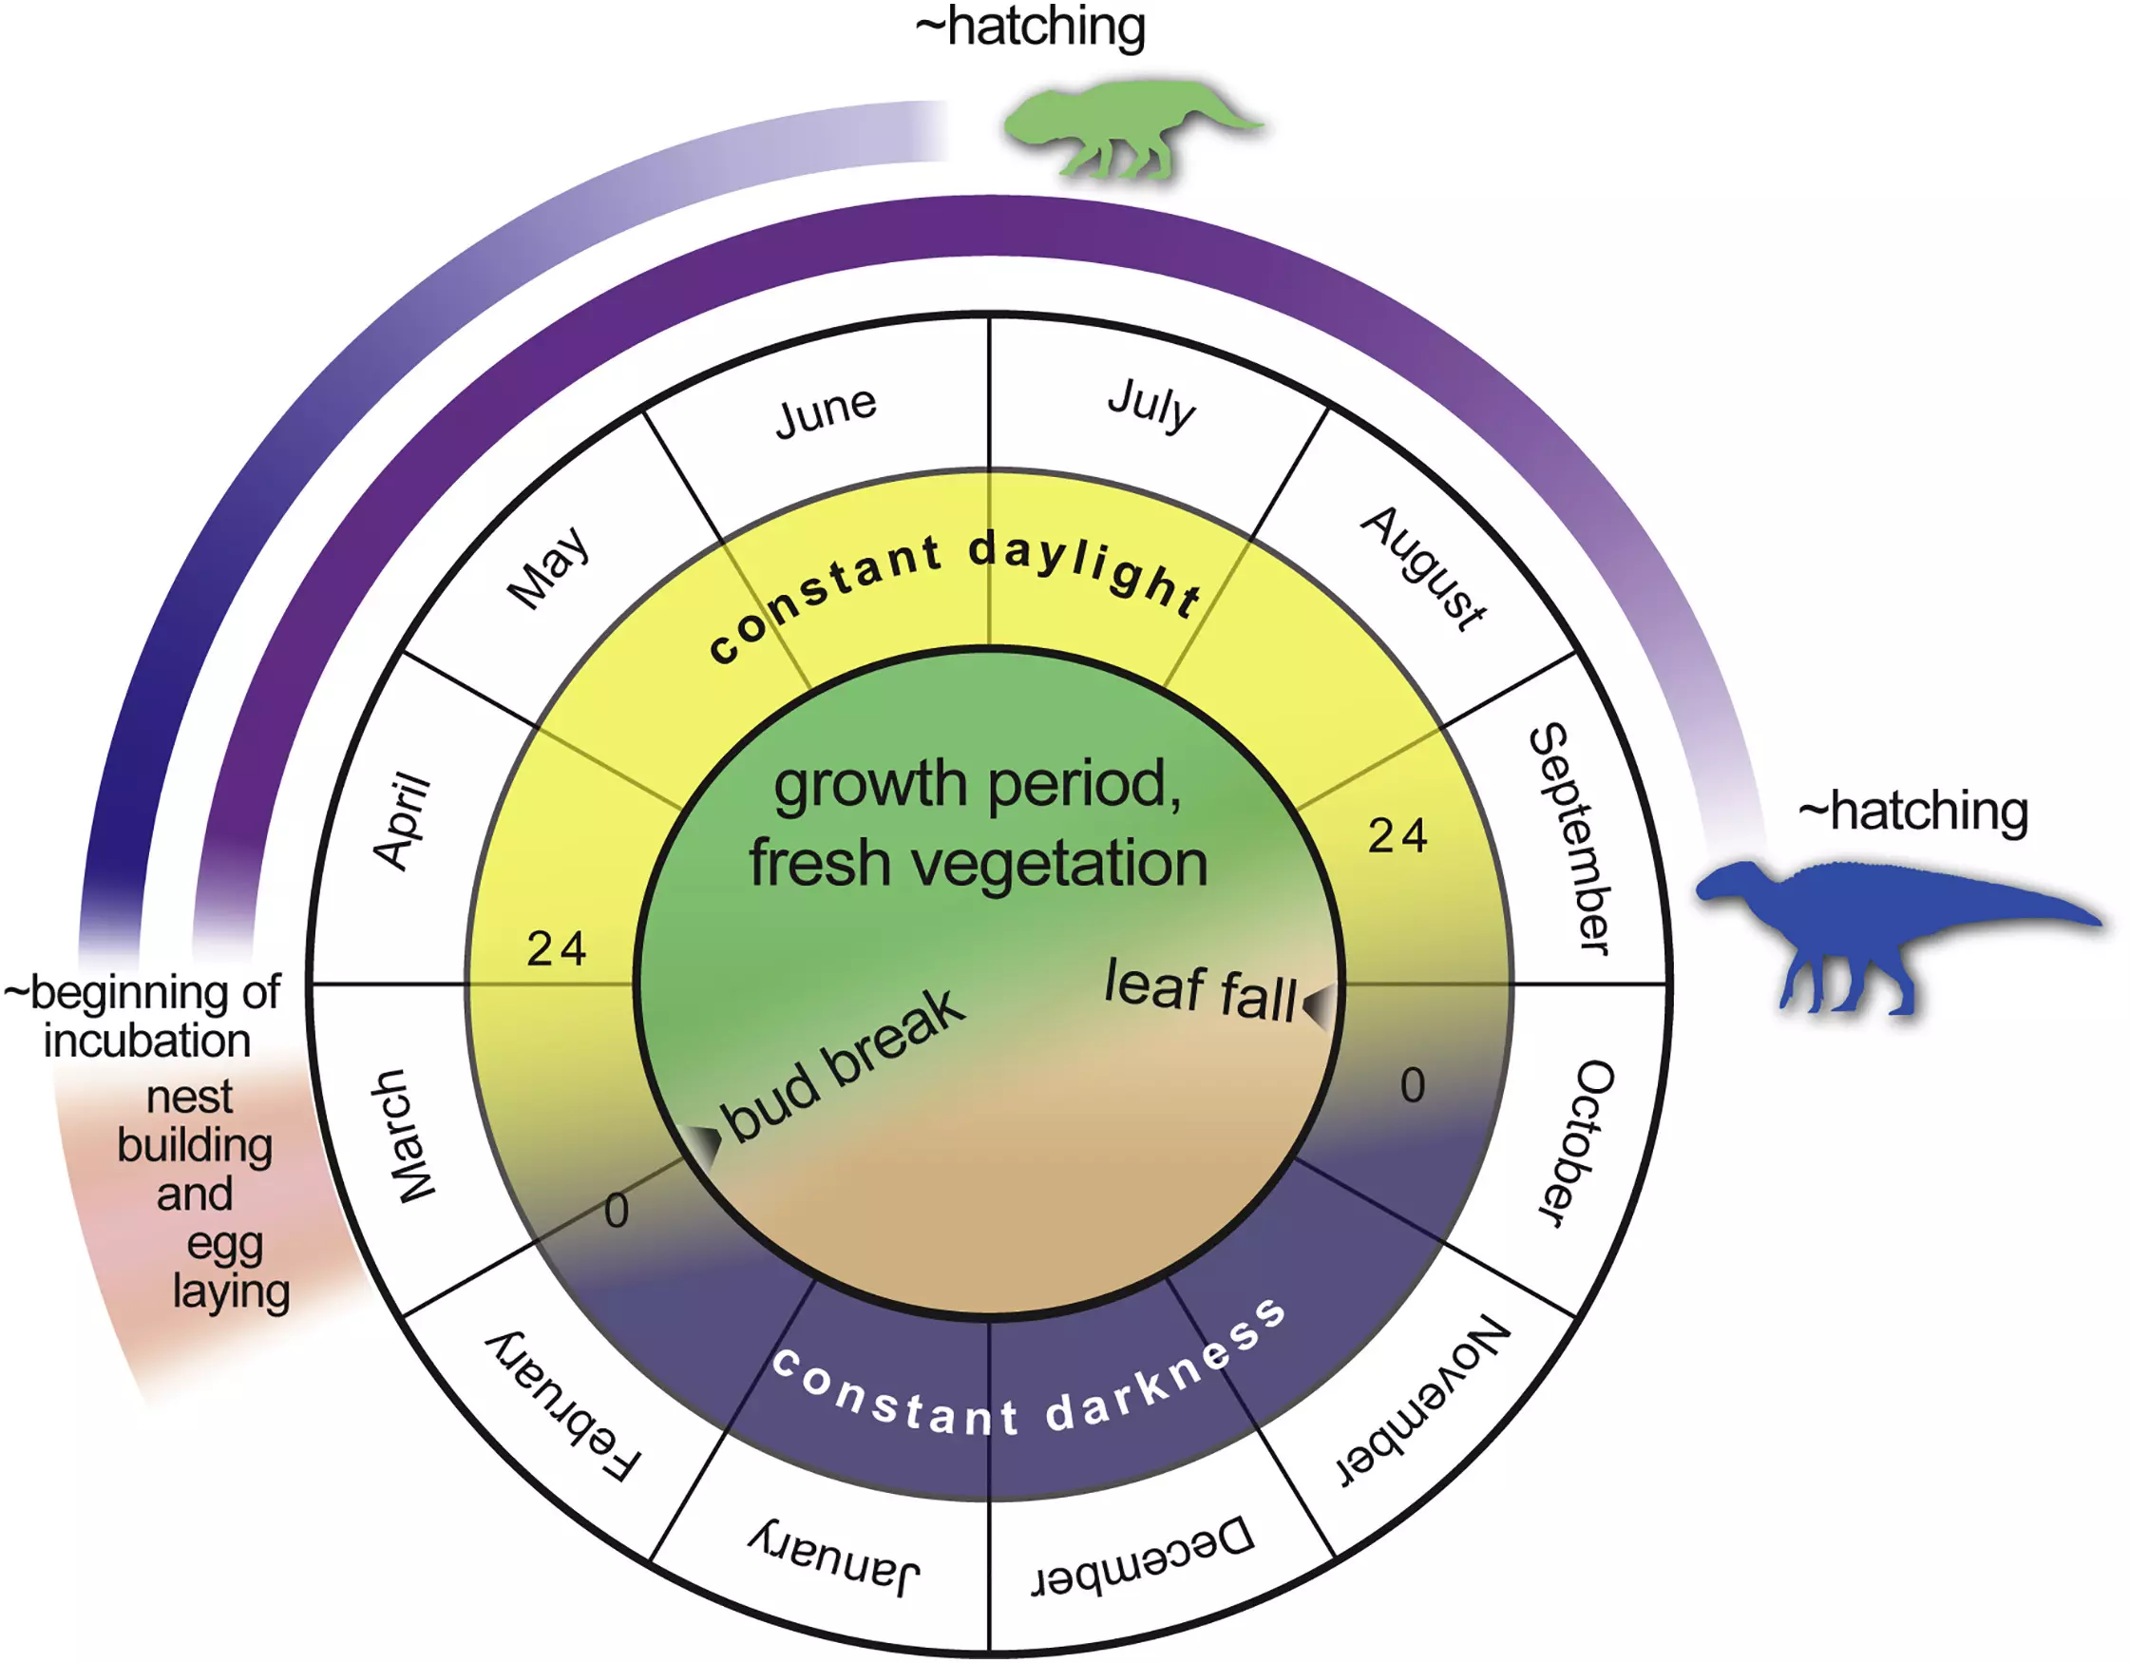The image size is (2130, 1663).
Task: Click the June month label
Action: (825, 411)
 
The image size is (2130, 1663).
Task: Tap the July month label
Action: (1151, 404)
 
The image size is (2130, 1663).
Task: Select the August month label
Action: (1424, 568)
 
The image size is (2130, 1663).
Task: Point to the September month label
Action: (1571, 839)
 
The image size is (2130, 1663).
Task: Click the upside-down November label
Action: (1423, 1402)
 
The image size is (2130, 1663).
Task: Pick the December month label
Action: (1143, 1556)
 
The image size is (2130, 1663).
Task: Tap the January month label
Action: (835, 1558)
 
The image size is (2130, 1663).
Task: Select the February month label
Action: (563, 1405)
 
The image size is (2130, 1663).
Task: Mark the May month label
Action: (548, 567)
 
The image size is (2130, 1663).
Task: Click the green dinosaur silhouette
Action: (1122, 127)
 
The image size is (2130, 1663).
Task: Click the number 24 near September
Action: (1397, 837)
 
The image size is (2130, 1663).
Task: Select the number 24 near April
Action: (556, 949)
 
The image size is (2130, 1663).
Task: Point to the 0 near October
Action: (1412, 1085)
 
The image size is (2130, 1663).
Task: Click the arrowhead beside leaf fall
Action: (1318, 1004)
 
